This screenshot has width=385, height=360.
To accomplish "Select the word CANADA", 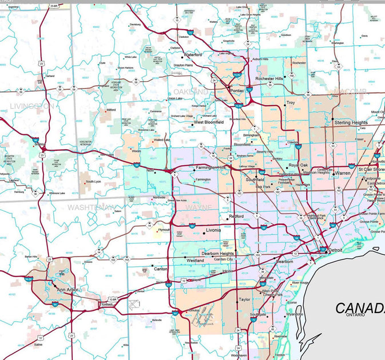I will coord(360,309).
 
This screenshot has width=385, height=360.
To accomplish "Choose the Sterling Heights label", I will coord(351,122).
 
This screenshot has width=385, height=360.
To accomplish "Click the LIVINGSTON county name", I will coord(32,106).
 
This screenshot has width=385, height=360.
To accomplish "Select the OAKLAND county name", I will coord(191,91).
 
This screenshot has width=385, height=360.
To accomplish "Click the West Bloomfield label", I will coord(208,122).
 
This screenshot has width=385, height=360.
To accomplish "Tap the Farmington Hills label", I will coord(212,167).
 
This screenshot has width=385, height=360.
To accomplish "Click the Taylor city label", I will coord(245,299).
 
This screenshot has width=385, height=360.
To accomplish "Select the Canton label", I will coord(161,269).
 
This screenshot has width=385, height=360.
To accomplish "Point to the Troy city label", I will coord(290,103).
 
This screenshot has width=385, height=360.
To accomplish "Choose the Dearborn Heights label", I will coord(217,253).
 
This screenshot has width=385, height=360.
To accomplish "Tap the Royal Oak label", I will coord(298,165).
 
